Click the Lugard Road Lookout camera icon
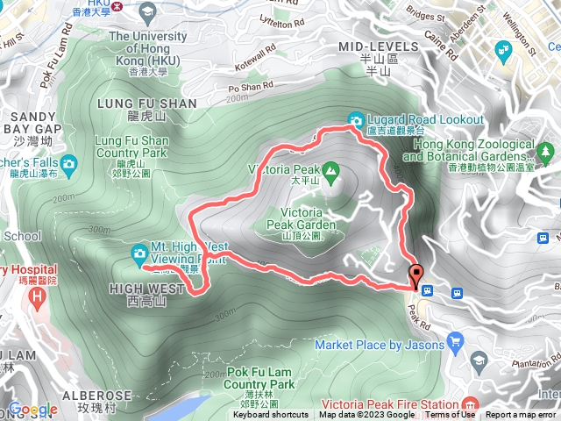357,119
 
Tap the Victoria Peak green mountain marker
330,168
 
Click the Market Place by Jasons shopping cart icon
454,340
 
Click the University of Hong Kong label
149,42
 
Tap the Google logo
32,409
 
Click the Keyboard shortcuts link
270,415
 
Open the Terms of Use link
450,415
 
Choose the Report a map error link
521,415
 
